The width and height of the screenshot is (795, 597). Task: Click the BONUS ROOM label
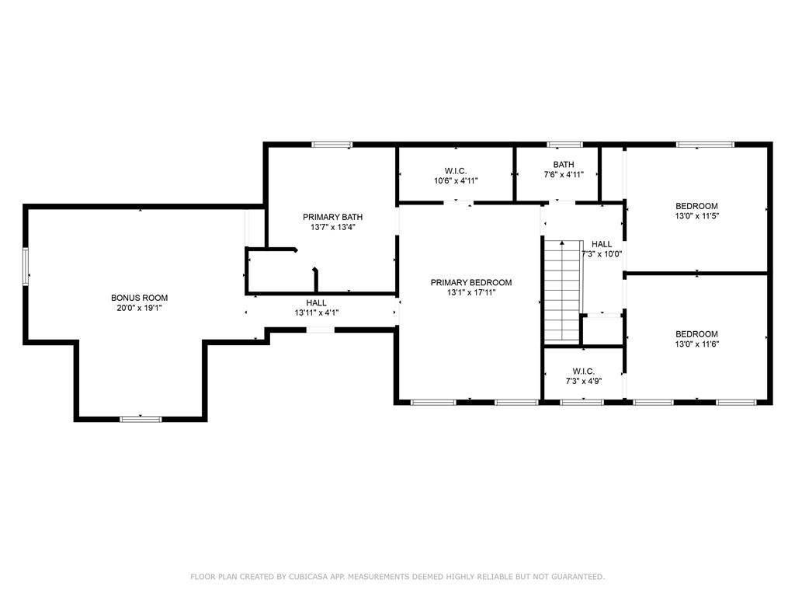pyautogui.click(x=140, y=298)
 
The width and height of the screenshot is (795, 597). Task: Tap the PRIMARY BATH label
pyautogui.click(x=332, y=217)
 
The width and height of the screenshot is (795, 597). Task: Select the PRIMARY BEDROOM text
pyautogui.click(x=471, y=282)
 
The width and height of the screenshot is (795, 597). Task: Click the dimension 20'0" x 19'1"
pyautogui.click(x=140, y=308)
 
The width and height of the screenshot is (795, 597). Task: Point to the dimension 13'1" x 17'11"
pyautogui.click(x=471, y=292)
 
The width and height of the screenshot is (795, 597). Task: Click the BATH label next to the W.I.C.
pyautogui.click(x=564, y=165)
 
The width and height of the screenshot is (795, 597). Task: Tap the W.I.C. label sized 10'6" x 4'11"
pyautogui.click(x=456, y=171)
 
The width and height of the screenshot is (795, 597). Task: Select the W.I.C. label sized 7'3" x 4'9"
pyautogui.click(x=584, y=372)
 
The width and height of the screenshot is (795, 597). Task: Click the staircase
pyautogui.click(x=562, y=292)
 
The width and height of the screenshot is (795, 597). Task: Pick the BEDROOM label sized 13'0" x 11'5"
pyautogui.click(x=696, y=206)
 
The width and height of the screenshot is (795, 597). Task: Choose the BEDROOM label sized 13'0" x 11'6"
pyautogui.click(x=696, y=334)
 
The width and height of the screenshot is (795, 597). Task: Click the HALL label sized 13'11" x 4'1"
pyautogui.click(x=317, y=303)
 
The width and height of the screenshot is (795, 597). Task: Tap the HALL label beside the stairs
pyautogui.click(x=602, y=244)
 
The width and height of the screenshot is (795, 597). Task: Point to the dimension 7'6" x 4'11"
pyautogui.click(x=564, y=175)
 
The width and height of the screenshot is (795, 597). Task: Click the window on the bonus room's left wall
pyautogui.click(x=26, y=267)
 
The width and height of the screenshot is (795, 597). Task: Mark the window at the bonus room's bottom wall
pyautogui.click(x=141, y=419)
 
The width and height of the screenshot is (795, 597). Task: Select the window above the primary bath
pyautogui.click(x=332, y=145)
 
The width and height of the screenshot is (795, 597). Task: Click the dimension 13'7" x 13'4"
pyautogui.click(x=332, y=227)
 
